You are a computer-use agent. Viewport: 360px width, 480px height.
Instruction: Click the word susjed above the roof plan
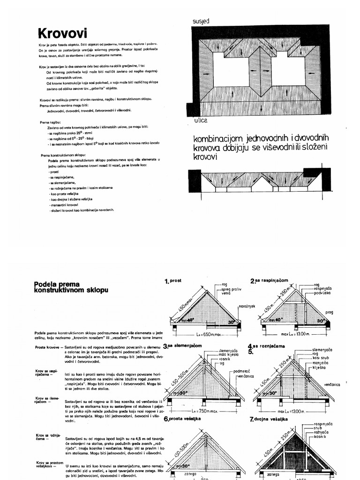[x=201, y=22]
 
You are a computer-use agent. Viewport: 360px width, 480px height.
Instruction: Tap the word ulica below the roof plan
[x=200, y=120]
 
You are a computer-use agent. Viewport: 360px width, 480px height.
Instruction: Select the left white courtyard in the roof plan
[x=231, y=69]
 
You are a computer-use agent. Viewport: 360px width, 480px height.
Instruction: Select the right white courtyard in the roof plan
[x=288, y=71]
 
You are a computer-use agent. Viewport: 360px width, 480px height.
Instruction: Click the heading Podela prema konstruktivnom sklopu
[x=71, y=287]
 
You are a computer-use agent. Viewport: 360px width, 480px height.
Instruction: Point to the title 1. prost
[x=173, y=281]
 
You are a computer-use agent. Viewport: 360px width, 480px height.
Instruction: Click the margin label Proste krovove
[x=46, y=347]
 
